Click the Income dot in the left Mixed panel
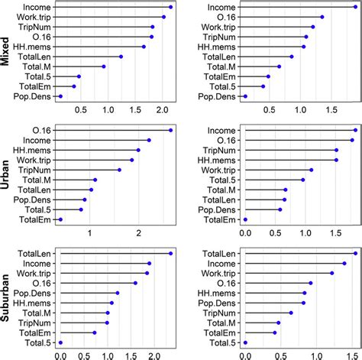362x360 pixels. coord(170,7)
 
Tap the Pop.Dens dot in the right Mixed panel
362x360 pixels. coord(245,96)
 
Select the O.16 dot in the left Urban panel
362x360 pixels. coord(170,130)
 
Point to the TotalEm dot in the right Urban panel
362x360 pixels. coord(245,219)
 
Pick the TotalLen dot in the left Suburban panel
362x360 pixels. coord(170,253)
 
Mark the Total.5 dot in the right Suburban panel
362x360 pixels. coord(245,342)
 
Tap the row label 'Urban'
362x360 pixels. coord(7,175)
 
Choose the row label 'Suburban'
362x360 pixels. coord(7,298)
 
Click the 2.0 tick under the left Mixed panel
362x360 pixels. coord(160,111)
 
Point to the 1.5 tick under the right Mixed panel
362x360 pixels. coord(331,111)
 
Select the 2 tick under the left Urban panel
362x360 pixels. coord(139,233)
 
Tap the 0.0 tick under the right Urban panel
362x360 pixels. coord(245,233)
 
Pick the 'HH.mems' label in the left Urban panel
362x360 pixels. coord(37,150)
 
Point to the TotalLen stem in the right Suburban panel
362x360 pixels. coord(298,253)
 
